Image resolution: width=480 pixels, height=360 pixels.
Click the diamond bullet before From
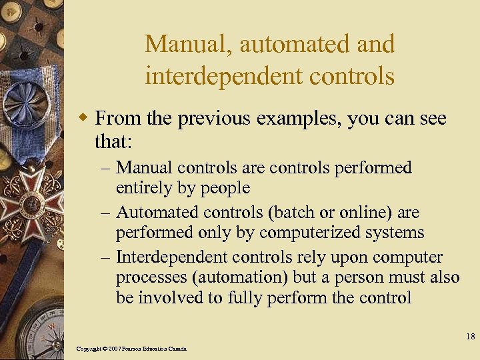point(84,119)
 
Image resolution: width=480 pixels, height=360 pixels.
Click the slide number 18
point(469,337)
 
